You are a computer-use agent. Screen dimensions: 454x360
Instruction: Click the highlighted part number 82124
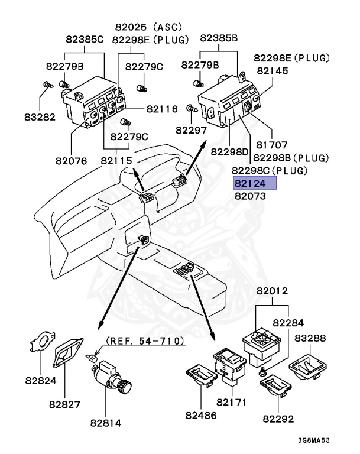255,183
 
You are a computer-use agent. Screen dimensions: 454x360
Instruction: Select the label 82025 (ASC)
148,27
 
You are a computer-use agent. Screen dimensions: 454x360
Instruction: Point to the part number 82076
71,160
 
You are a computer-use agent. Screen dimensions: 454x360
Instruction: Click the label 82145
272,70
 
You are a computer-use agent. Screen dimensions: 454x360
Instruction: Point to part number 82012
272,291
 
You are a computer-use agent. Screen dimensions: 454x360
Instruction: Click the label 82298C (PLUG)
270,170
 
